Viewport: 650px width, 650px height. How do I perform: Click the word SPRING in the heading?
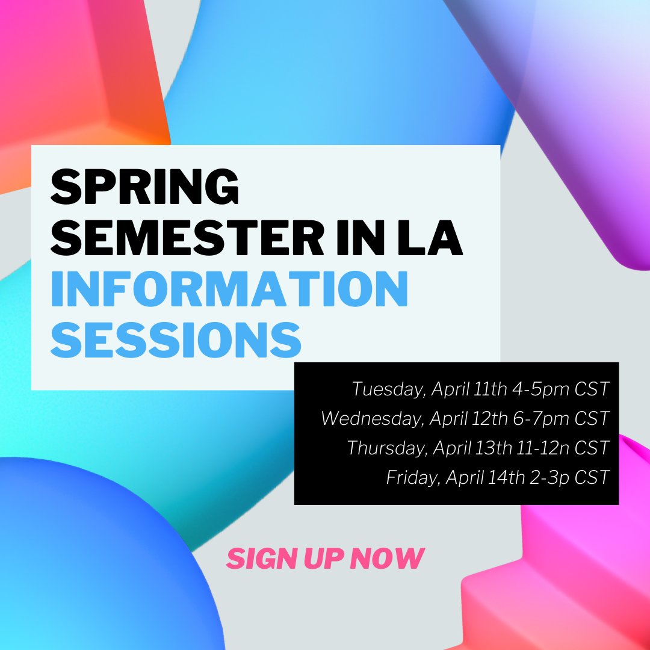[x=144, y=187]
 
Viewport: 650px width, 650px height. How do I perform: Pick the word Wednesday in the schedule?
[x=371, y=418]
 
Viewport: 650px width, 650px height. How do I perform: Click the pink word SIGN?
[x=253, y=559]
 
